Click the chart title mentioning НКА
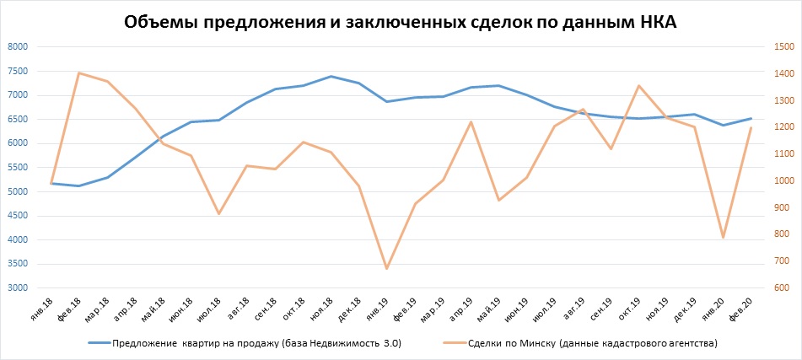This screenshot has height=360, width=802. point(401,23)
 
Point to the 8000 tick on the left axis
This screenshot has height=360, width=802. point(16,46)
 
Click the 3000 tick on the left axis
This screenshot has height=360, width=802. point(16,288)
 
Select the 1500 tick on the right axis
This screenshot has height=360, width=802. point(783,46)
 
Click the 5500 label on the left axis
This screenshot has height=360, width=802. point(16,168)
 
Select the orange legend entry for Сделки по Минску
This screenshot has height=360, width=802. point(582,344)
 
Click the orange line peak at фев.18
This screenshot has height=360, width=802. point(78,73)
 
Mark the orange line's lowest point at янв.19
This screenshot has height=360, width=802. point(386,269)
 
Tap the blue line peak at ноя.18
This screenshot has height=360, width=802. point(331,76)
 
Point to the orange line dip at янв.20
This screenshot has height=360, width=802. point(723,238)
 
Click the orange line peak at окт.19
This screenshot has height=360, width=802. point(638,85)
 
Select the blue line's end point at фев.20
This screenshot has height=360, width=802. point(751,118)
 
